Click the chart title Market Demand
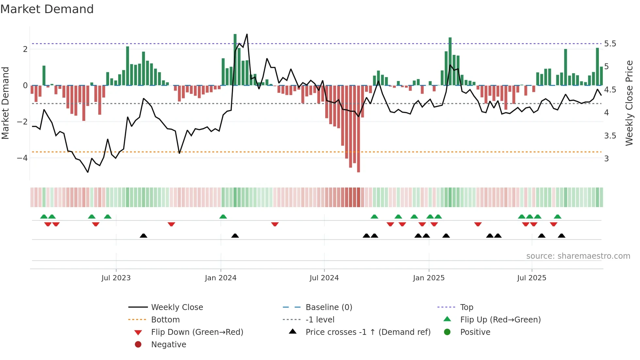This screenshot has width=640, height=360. (x=47, y=9)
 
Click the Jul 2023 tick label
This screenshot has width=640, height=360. (x=116, y=278)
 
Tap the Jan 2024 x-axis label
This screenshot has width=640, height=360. (x=220, y=278)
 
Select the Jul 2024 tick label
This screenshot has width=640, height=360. (x=324, y=278)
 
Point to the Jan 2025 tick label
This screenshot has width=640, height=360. (x=428, y=278)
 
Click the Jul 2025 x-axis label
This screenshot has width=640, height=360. (x=532, y=278)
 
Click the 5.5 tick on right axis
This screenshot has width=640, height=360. (x=610, y=44)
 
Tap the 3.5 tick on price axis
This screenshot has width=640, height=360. (x=610, y=136)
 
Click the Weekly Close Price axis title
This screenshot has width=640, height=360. (x=629, y=103)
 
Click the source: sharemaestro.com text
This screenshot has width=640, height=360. (x=578, y=256)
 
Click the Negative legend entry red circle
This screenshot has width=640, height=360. (x=138, y=345)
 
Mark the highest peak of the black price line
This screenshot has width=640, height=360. (x=247, y=34)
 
